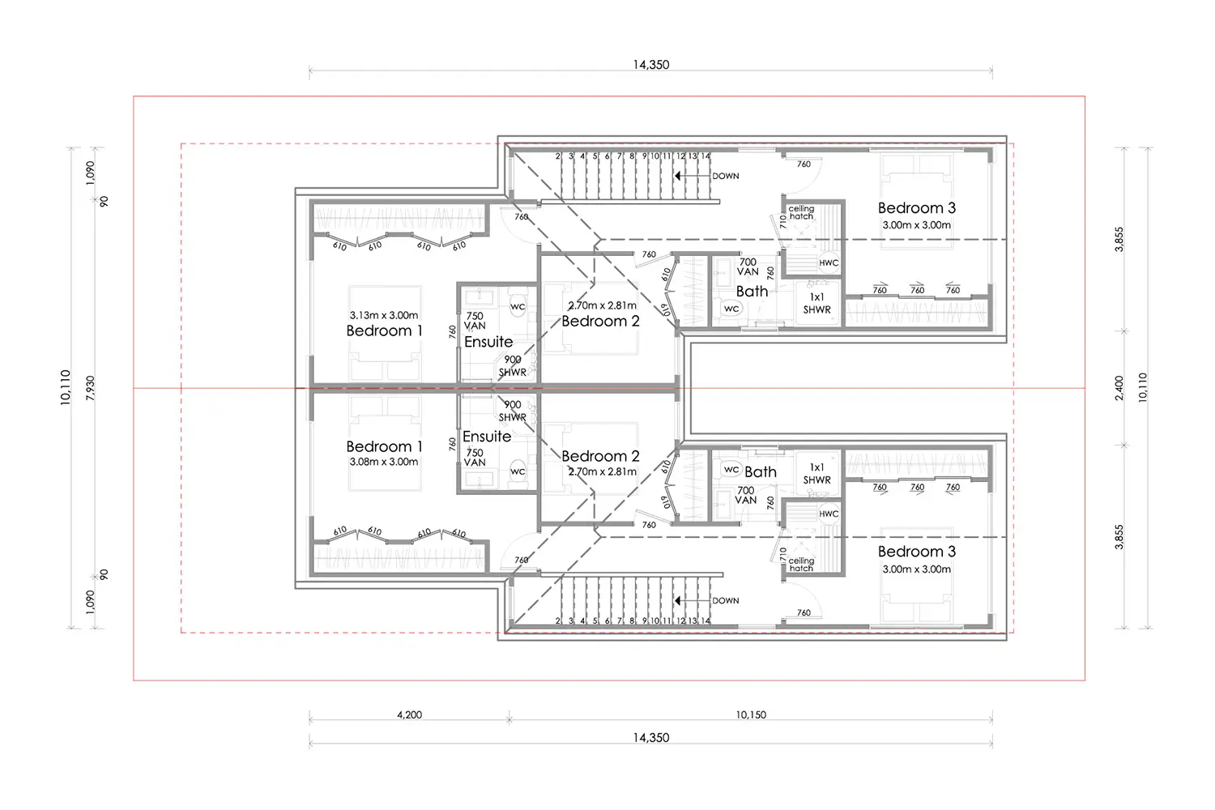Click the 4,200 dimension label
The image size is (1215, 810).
pyautogui.click(x=409, y=714)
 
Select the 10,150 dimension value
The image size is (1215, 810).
pyautogui.click(x=751, y=714)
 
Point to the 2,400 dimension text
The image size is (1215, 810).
pyautogui.click(x=1119, y=388)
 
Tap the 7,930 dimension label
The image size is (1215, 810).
pyautogui.click(x=90, y=388)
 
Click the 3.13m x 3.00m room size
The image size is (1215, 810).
pyautogui.click(x=383, y=315)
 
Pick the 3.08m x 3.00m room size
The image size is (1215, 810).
pyautogui.click(x=383, y=462)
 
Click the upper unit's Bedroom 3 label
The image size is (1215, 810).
pyautogui.click(x=917, y=208)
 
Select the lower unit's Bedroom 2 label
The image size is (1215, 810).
pyautogui.click(x=600, y=456)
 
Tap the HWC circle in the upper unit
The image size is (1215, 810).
pyautogui.click(x=829, y=262)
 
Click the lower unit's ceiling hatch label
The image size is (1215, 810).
pyautogui.click(x=801, y=565)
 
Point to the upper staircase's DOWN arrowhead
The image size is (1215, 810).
pyautogui.click(x=677, y=176)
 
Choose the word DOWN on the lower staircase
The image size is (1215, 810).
pyautogui.click(x=725, y=600)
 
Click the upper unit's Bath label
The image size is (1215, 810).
pyautogui.click(x=752, y=292)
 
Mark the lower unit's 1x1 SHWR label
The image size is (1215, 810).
pyautogui.click(x=816, y=474)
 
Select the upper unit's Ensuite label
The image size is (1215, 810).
pyautogui.click(x=488, y=342)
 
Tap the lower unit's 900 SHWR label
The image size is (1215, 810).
pyautogui.click(x=513, y=411)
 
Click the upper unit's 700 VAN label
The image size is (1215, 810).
pyautogui.click(x=748, y=267)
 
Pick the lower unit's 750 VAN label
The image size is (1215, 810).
pyautogui.click(x=475, y=458)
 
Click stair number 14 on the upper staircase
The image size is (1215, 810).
pyautogui.click(x=706, y=156)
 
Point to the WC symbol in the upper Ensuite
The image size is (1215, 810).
pyautogui.click(x=518, y=306)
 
